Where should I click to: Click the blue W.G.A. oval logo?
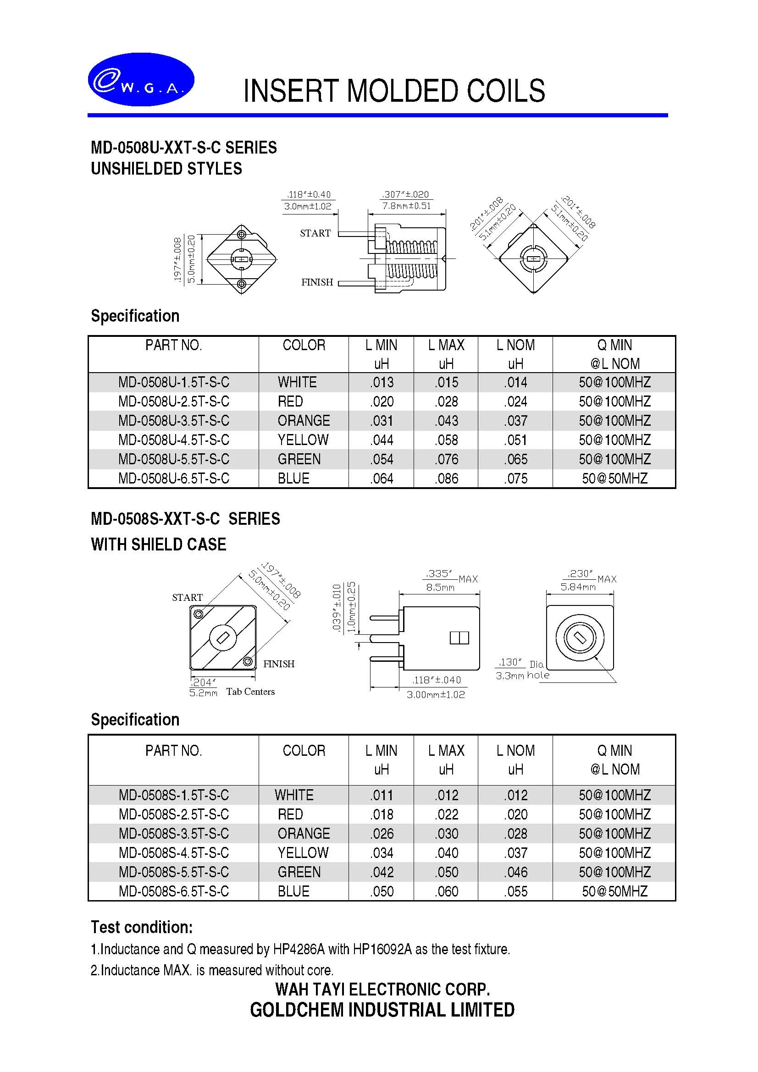[x=141, y=79]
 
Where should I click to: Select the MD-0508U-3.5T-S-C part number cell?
[x=174, y=421]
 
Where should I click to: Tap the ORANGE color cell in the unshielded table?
[x=304, y=421]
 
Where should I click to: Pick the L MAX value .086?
[x=447, y=478]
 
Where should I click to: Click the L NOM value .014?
[x=515, y=382]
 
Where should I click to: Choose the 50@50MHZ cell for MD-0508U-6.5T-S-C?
[x=614, y=478]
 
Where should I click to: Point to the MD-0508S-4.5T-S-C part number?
[x=174, y=853]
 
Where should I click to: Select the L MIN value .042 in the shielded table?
[x=382, y=872]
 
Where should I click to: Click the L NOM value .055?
[x=515, y=891]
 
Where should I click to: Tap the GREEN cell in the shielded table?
[x=299, y=872]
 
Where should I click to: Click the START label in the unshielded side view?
[x=315, y=233]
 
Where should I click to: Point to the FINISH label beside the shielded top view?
[x=279, y=664]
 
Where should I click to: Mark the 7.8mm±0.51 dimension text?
[x=406, y=206]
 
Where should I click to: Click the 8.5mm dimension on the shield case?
[x=440, y=588]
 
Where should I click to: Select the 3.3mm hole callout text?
[x=522, y=676]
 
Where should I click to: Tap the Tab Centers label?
[x=250, y=692]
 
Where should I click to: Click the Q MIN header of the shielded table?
[x=614, y=750]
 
